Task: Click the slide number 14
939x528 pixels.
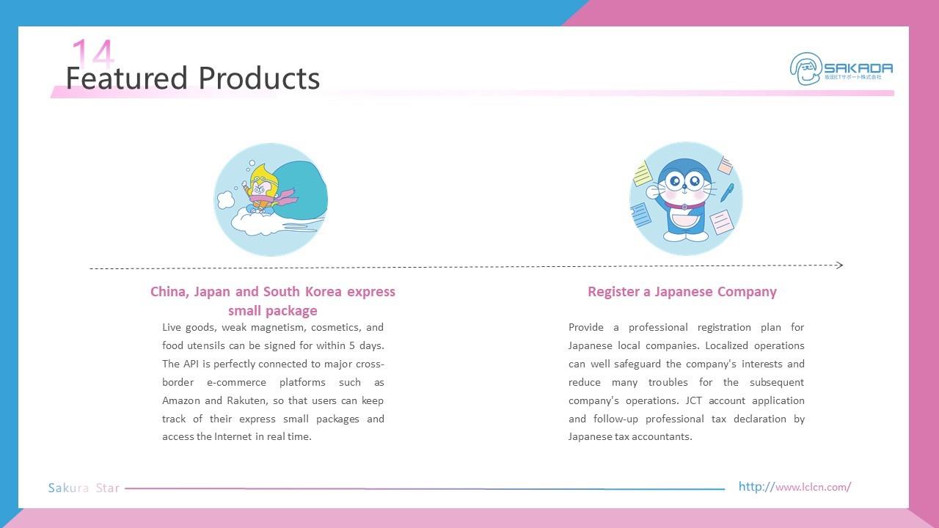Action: (x=92, y=53)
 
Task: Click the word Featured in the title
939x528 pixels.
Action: (x=126, y=78)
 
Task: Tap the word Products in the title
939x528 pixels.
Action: (x=259, y=78)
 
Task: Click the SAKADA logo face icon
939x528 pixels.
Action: (x=805, y=69)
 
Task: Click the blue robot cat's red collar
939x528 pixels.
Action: (x=684, y=206)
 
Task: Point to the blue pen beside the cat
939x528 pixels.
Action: (x=727, y=193)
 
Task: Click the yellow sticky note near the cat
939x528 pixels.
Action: (x=643, y=174)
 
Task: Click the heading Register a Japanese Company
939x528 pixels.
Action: (x=682, y=292)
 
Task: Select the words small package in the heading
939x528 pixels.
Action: (x=272, y=311)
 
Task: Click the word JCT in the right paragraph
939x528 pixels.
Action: (x=693, y=400)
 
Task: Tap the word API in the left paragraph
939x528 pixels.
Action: (x=191, y=364)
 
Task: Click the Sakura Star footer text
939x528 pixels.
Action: (x=84, y=488)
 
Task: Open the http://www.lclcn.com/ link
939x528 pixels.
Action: (x=794, y=487)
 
